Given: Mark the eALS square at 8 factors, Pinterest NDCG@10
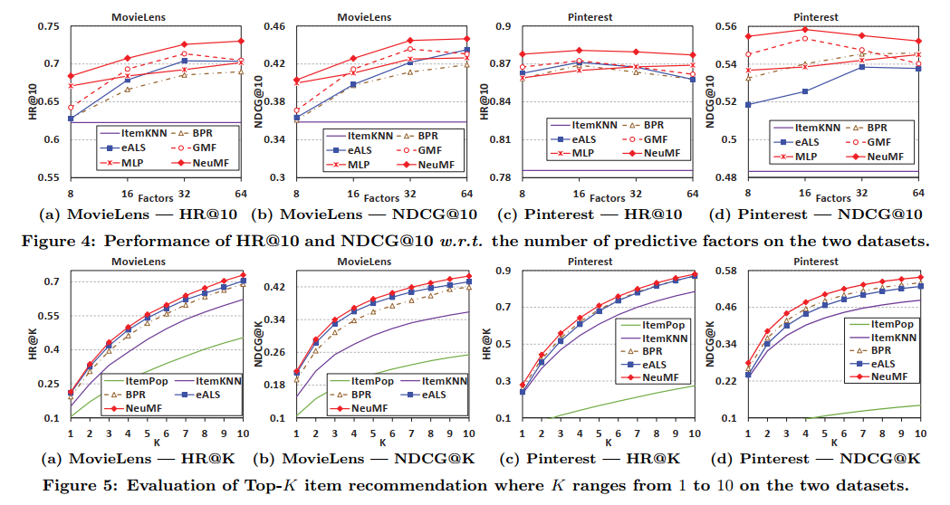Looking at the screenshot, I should [x=748, y=105].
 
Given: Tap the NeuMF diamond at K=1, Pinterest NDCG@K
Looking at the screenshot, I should [x=748, y=363].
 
